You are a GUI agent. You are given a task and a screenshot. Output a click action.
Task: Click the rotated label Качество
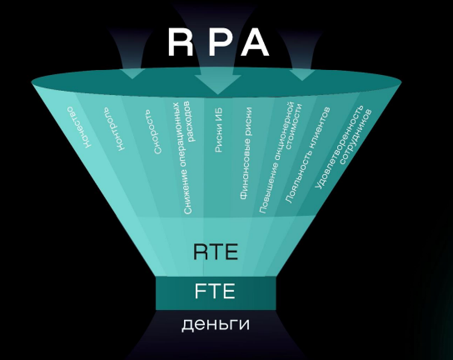click(80, 128)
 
